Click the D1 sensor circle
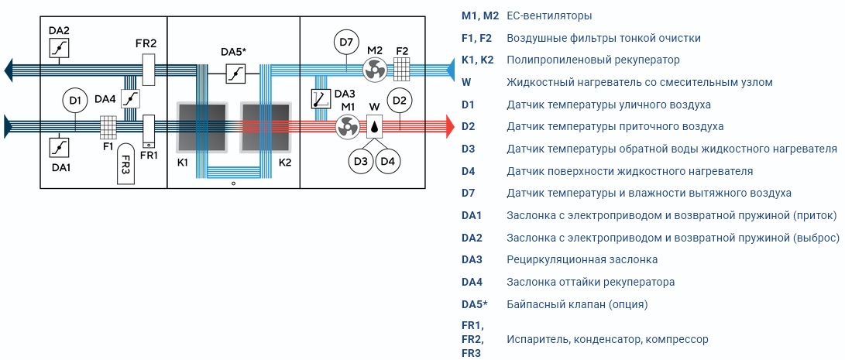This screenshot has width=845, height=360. (75, 100)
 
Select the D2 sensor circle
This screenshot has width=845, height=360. (400, 100)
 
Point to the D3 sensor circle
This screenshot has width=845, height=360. (361, 161)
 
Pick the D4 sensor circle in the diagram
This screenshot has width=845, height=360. (388, 161)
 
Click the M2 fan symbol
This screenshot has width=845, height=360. (373, 70)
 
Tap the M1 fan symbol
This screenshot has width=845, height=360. (347, 127)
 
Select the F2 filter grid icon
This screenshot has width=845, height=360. (401, 69)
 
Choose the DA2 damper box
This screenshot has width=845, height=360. (58, 48)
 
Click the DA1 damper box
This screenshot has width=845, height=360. (58, 148)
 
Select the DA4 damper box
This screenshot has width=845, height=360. (130, 99)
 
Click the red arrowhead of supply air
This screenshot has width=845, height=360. (449, 126)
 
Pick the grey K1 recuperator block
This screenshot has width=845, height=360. (202, 127)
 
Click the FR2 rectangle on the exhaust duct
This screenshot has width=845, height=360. (149, 69)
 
